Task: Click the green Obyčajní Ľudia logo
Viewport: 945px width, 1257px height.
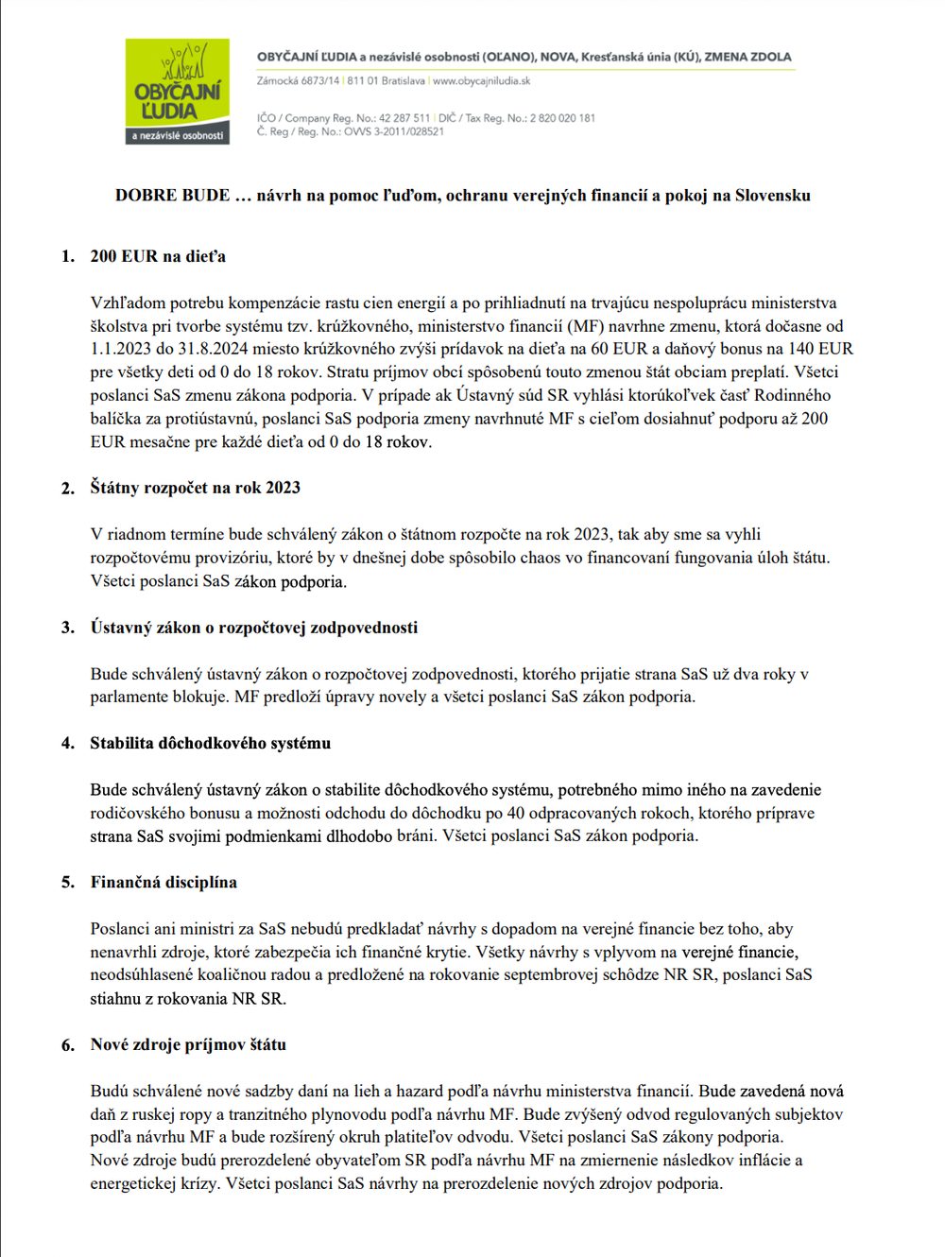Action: [x=177, y=91]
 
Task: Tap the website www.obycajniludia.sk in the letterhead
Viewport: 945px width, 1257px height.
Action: [x=481, y=81]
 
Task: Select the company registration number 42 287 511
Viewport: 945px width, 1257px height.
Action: [x=404, y=118]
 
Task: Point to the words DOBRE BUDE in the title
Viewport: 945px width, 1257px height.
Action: [x=172, y=196]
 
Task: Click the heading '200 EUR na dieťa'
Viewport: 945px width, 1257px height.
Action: [x=158, y=256]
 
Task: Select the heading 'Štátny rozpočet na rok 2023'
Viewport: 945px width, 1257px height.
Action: [x=195, y=488]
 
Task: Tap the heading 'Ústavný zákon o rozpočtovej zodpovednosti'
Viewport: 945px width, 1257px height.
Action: [x=253, y=628]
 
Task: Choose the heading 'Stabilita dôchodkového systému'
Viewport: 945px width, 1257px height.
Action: [x=210, y=743]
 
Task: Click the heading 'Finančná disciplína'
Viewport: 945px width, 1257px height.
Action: [x=163, y=882]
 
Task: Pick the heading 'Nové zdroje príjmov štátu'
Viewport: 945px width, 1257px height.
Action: [x=188, y=1044]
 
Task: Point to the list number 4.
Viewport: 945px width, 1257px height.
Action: [x=67, y=744]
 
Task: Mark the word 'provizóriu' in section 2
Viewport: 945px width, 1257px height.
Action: [x=237, y=558]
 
